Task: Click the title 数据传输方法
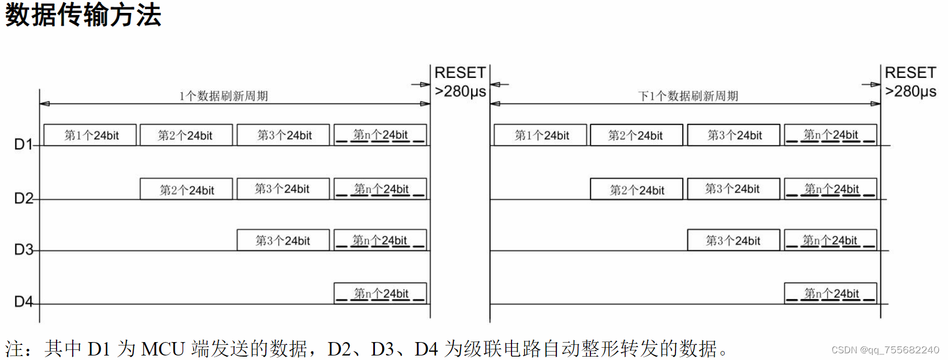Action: pos(83,15)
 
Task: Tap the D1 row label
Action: pos(23,144)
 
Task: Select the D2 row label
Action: pos(23,198)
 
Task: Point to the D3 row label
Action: pos(23,249)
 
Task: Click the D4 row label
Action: pos(23,302)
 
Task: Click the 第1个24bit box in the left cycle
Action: pos(90,135)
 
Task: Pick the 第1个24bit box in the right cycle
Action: pos(541,135)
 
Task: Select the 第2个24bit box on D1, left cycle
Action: pos(186,135)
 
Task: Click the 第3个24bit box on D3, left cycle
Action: pos(283,240)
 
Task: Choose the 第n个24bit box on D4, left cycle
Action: pos(381,293)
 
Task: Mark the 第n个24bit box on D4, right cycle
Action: pos(830,293)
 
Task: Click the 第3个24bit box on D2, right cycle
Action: pos(733,189)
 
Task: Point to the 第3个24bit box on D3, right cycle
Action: pos(733,240)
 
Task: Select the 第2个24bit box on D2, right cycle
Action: pos(636,189)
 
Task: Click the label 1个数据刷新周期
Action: pos(223,96)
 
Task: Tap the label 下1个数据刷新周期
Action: pos(688,96)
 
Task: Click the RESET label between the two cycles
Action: pos(460,73)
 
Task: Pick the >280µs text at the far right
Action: pos(911,91)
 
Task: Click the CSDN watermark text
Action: pos(885,350)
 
